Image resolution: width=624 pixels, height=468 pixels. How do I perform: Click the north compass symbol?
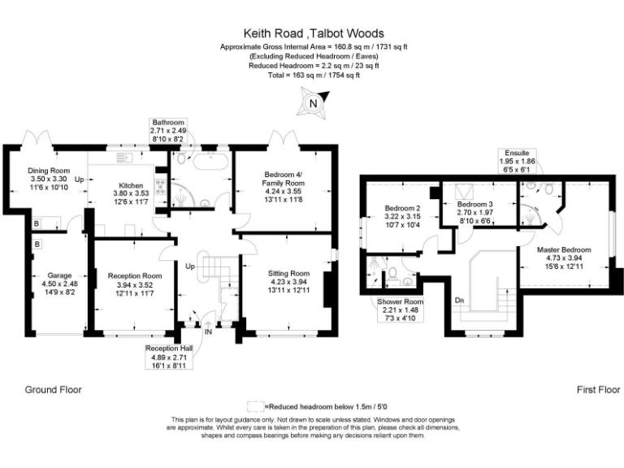(313, 103)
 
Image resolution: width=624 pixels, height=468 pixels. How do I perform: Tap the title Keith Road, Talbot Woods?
(313, 36)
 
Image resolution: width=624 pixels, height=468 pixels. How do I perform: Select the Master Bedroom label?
(563, 249)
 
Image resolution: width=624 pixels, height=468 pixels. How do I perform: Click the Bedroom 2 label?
(401, 208)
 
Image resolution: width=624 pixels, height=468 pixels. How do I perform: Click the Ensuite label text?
(516, 153)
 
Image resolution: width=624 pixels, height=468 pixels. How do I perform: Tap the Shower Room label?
(398, 301)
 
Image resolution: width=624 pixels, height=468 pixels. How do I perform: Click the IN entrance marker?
(207, 331)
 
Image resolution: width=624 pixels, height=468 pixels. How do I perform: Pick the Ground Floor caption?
(53, 389)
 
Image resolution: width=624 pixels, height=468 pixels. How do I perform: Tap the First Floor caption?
(576, 389)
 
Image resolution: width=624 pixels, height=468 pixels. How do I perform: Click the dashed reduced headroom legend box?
(255, 405)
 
